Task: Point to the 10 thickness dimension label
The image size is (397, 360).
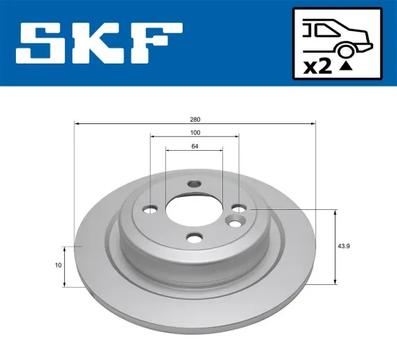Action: (58, 265)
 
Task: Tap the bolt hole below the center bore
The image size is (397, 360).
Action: (193, 237)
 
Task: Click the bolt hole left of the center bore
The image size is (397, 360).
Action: (150, 210)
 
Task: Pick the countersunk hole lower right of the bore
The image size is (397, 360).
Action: (235, 219)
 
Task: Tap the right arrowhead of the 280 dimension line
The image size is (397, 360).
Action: (314, 124)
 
